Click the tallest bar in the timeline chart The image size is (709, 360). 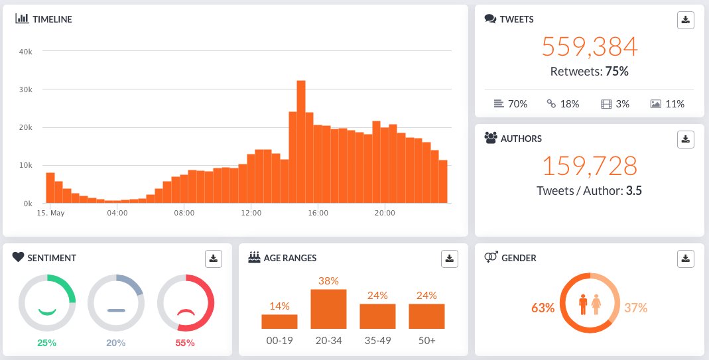pyautogui.click(x=300, y=142)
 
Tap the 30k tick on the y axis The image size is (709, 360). pyautogui.click(x=25, y=90)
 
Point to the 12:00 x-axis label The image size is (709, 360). pyautogui.click(x=251, y=213)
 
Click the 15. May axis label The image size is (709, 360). pyautogui.click(x=50, y=213)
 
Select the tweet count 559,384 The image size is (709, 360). pyautogui.click(x=590, y=46)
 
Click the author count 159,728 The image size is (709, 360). pyautogui.click(x=590, y=166)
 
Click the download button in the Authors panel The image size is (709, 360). pyautogui.click(x=686, y=139)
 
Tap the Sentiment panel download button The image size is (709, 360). pyautogui.click(x=214, y=259)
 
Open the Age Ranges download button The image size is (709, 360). pyautogui.click(x=450, y=259)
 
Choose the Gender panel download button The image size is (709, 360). pyautogui.click(x=686, y=259)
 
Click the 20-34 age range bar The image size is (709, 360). pyautogui.click(x=328, y=309)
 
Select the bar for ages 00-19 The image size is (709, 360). pyautogui.click(x=279, y=322)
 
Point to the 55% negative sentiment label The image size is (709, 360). pyautogui.click(x=185, y=343)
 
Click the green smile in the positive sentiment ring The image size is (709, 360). pyautogui.click(x=47, y=312)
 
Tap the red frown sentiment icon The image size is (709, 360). pyautogui.click(x=186, y=312)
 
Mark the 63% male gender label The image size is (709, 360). pyautogui.click(x=543, y=308)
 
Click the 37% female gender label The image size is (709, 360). pyautogui.click(x=636, y=308)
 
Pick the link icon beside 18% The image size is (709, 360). pyautogui.click(x=551, y=104)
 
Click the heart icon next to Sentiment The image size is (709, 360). pyautogui.click(x=18, y=257)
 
